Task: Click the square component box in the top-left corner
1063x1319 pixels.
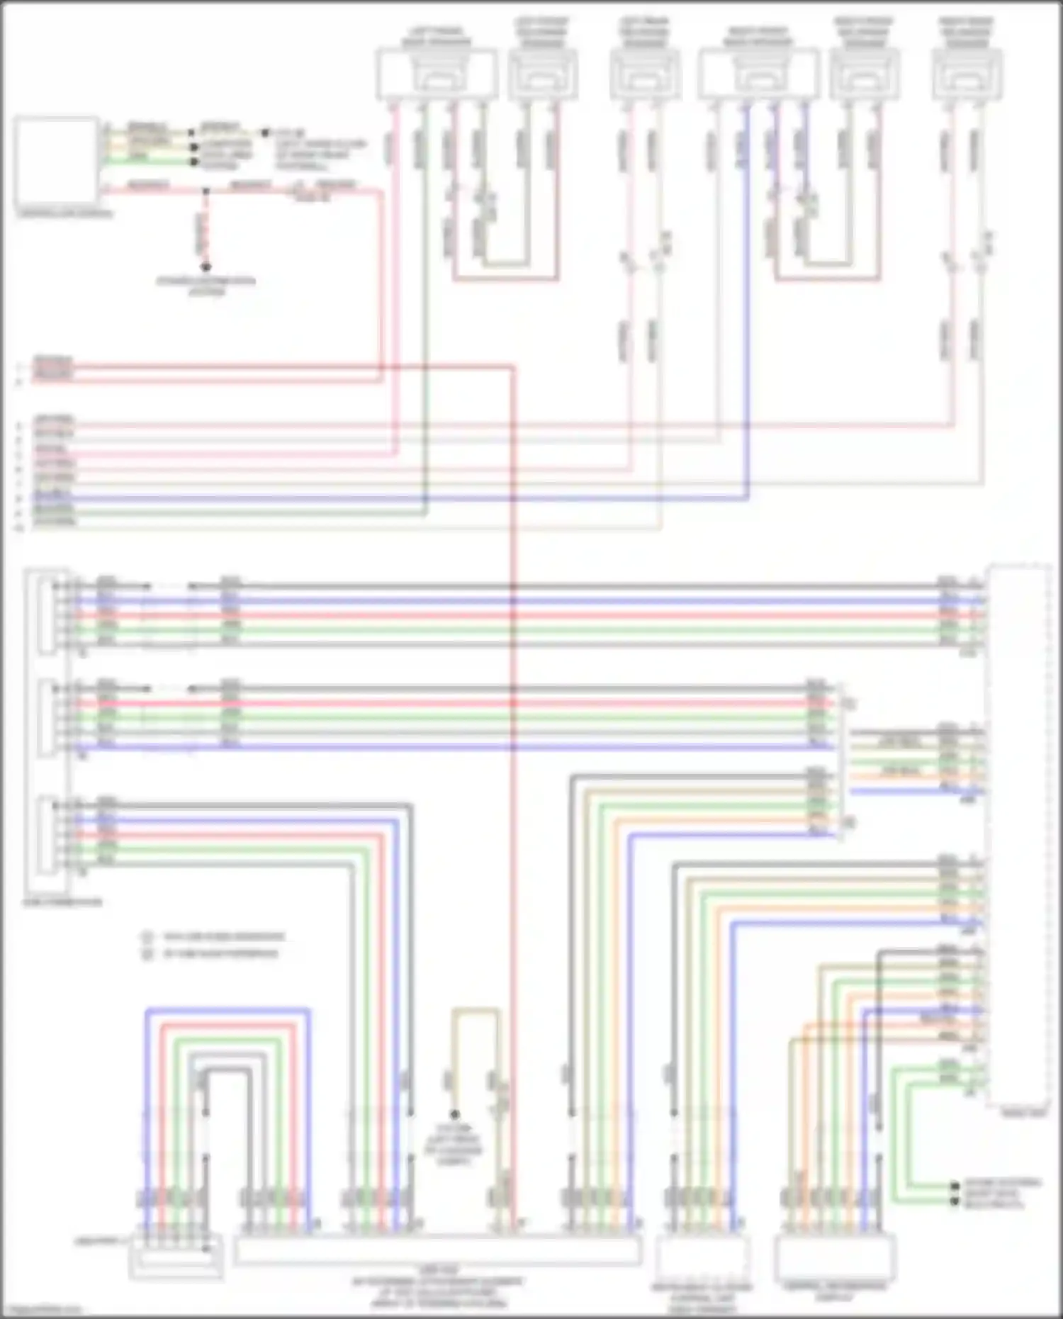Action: [56, 162]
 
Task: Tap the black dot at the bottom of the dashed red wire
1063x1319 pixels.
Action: [206, 268]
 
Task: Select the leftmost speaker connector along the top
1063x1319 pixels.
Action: [437, 73]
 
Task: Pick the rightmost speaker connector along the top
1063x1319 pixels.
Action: [967, 73]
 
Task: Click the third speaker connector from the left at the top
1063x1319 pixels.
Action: [645, 73]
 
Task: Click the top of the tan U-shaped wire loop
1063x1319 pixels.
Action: [476, 1010]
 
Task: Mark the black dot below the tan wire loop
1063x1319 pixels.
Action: [455, 1115]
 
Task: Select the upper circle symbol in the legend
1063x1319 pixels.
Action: [148, 937]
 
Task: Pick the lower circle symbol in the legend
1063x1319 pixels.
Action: [148, 955]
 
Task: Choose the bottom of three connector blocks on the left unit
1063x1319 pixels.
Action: [47, 836]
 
